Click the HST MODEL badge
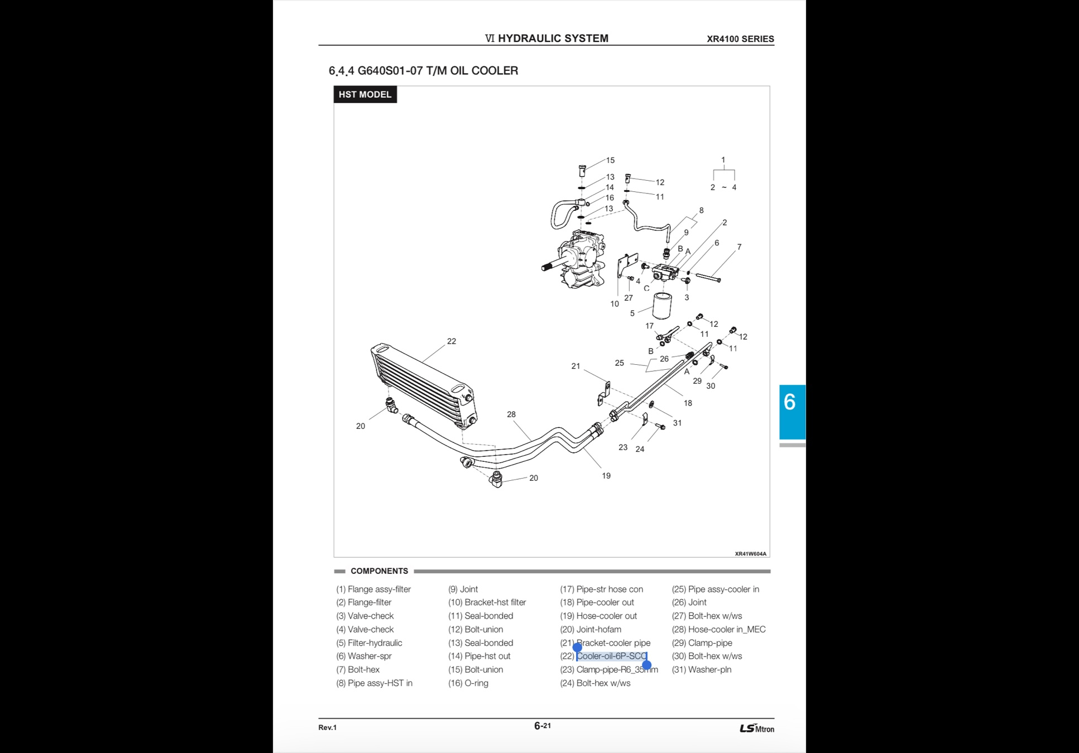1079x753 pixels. [x=365, y=94]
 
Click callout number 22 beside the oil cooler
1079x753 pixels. [x=452, y=341]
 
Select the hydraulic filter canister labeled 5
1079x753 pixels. [x=663, y=305]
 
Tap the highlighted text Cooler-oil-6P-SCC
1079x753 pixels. [x=612, y=657]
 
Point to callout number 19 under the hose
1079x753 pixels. [x=606, y=476]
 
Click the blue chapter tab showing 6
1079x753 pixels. [x=792, y=412]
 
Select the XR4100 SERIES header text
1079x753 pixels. [x=740, y=39]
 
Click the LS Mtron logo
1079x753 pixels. [x=757, y=728]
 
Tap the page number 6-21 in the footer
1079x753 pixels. [x=543, y=726]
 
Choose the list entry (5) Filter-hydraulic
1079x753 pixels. [x=369, y=643]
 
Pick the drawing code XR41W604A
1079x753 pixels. [x=750, y=554]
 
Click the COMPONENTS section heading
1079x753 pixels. [x=380, y=571]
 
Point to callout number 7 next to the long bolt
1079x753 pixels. [x=739, y=247]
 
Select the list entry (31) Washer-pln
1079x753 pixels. [x=702, y=670]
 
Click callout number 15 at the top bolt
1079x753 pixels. [x=610, y=161]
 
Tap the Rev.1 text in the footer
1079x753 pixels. [x=328, y=727]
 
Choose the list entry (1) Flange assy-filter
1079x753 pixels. [x=373, y=590]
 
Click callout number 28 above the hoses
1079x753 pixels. [x=511, y=414]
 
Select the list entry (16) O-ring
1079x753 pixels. [x=468, y=683]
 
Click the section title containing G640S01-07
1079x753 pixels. [x=424, y=71]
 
